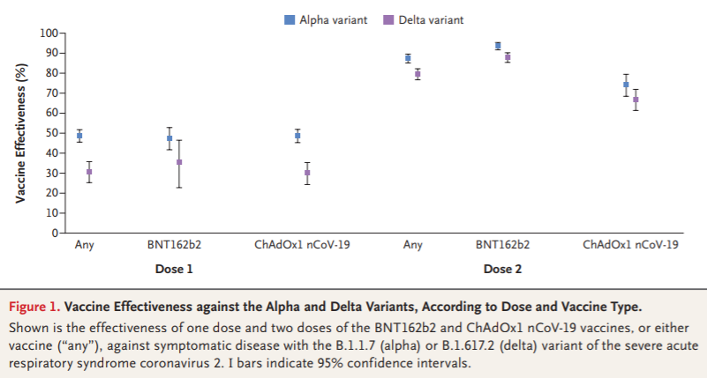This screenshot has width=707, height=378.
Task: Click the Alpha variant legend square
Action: [x=290, y=19]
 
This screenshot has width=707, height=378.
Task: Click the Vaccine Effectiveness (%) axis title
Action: [x=20, y=133]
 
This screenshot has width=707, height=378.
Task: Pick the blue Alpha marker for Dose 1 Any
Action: [x=79, y=136]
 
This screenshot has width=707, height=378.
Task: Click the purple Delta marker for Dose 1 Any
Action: [x=89, y=172]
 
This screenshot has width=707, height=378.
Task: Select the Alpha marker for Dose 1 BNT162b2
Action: [x=169, y=138]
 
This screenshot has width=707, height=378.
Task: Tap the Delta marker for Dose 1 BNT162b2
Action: [x=179, y=162]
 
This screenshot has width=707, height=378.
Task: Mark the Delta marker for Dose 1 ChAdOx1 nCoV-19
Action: [x=307, y=173]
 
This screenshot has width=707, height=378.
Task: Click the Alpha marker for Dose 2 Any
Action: [x=408, y=58]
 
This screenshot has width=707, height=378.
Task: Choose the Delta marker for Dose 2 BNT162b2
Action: [x=508, y=57]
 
